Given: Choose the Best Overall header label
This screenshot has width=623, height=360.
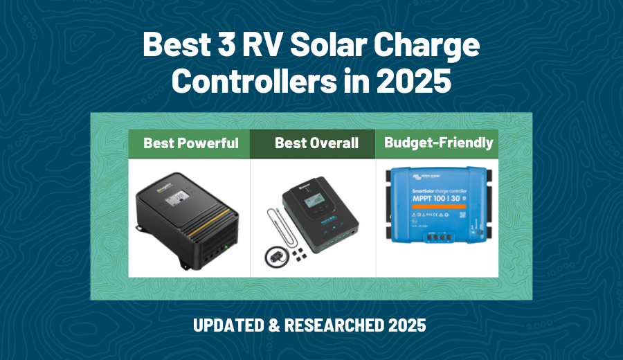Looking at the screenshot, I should click(x=316, y=143).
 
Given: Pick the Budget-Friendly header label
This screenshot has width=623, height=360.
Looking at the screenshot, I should click(x=438, y=143).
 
